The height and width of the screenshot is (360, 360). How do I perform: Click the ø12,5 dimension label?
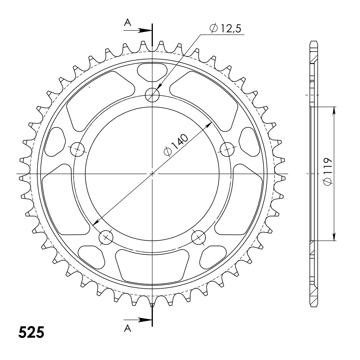(x=226, y=29)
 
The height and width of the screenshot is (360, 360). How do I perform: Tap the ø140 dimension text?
(x=176, y=145)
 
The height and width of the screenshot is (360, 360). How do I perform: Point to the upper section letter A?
(x=127, y=23)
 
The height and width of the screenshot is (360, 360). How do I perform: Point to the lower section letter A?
(x=128, y=329)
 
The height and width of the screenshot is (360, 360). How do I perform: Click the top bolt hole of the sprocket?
(x=152, y=95)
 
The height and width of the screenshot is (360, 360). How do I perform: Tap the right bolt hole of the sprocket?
(x=227, y=149)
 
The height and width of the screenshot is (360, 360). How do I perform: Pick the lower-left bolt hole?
(x=106, y=237)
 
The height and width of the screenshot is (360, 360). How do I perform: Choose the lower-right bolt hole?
(x=199, y=237)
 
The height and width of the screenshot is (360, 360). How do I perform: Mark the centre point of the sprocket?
(x=152, y=173)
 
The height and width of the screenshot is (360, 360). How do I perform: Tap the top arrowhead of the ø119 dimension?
(x=334, y=110)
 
